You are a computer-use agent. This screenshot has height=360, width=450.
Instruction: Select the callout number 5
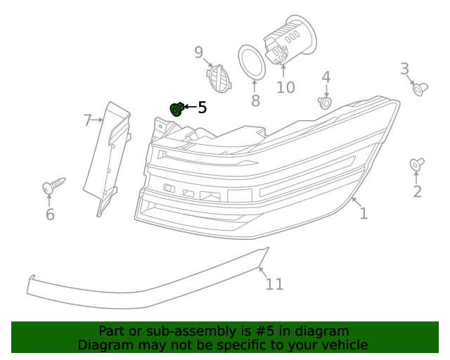(x=202, y=108)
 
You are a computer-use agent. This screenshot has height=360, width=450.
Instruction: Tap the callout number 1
(x=364, y=213)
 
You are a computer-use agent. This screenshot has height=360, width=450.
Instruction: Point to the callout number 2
(x=417, y=192)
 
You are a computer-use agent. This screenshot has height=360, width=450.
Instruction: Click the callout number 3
(x=404, y=68)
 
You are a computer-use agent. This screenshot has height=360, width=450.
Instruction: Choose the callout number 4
(x=326, y=77)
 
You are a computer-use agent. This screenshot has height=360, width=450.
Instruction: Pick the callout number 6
(x=50, y=214)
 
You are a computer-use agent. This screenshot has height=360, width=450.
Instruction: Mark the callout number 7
(x=87, y=120)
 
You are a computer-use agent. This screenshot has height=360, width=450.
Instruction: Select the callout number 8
(x=255, y=101)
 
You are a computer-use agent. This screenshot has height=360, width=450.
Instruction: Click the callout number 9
(x=198, y=52)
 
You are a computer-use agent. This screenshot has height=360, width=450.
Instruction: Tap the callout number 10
(x=285, y=87)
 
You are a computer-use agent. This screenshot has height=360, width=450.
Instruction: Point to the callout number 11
(x=274, y=283)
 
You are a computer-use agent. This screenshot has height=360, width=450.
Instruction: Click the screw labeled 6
(x=53, y=186)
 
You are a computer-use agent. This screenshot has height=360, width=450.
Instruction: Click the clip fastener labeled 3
(x=421, y=89)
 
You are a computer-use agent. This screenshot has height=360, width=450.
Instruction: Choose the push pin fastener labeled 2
(x=417, y=165)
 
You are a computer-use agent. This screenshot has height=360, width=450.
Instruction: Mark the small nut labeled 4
(x=325, y=103)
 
